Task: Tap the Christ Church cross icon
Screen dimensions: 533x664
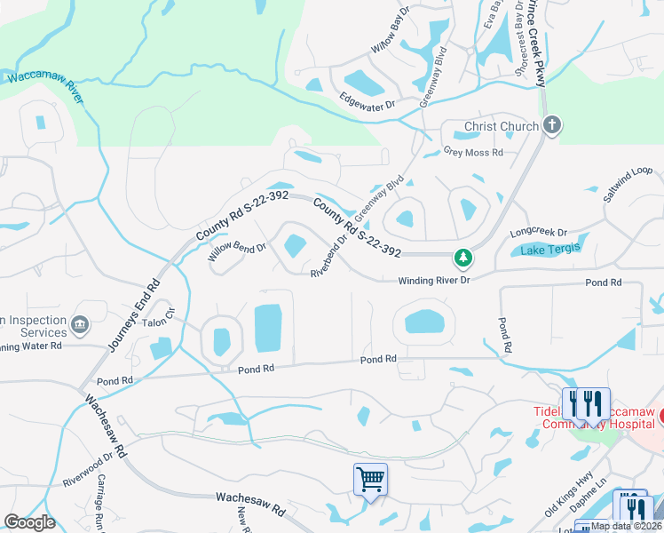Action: pos(551,125)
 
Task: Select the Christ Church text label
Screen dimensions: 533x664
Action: pos(502,126)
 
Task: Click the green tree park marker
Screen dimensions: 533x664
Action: pos(462,259)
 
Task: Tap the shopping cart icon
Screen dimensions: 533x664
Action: pos(370,480)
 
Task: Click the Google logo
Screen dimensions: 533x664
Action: pos(30,522)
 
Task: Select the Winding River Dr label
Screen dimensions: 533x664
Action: pos(434,280)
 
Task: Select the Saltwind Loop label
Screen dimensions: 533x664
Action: pos(628,183)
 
